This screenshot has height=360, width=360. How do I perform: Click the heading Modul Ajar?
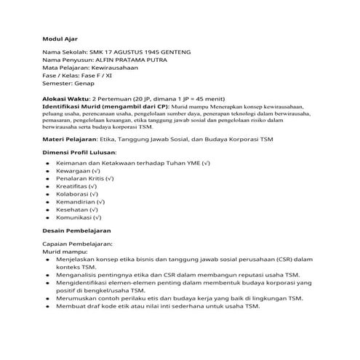click(58, 37)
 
